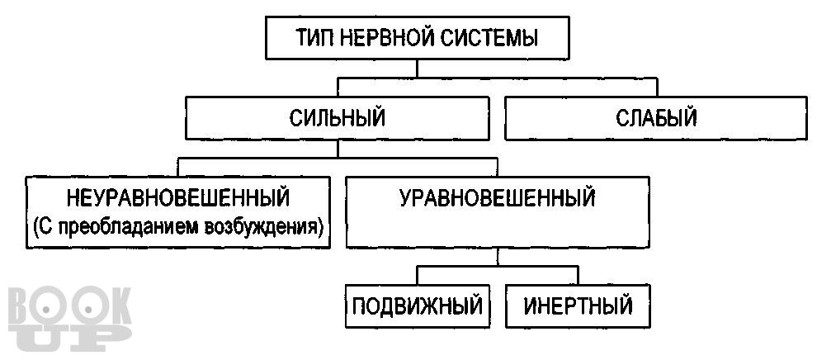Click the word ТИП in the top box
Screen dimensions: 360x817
(x=313, y=38)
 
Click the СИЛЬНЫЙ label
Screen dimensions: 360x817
(x=338, y=118)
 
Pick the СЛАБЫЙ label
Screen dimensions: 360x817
(x=656, y=118)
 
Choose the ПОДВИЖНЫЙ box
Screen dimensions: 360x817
(x=417, y=306)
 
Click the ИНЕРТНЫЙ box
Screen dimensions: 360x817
(x=579, y=306)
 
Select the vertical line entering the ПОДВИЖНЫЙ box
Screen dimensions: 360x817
(x=418, y=275)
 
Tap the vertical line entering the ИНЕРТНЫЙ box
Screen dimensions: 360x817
(x=577, y=275)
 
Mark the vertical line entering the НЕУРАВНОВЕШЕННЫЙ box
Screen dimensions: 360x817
(x=178, y=165)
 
